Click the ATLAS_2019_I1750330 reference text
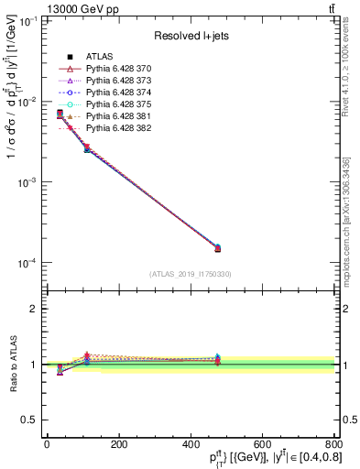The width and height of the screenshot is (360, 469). [x=191, y=274]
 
